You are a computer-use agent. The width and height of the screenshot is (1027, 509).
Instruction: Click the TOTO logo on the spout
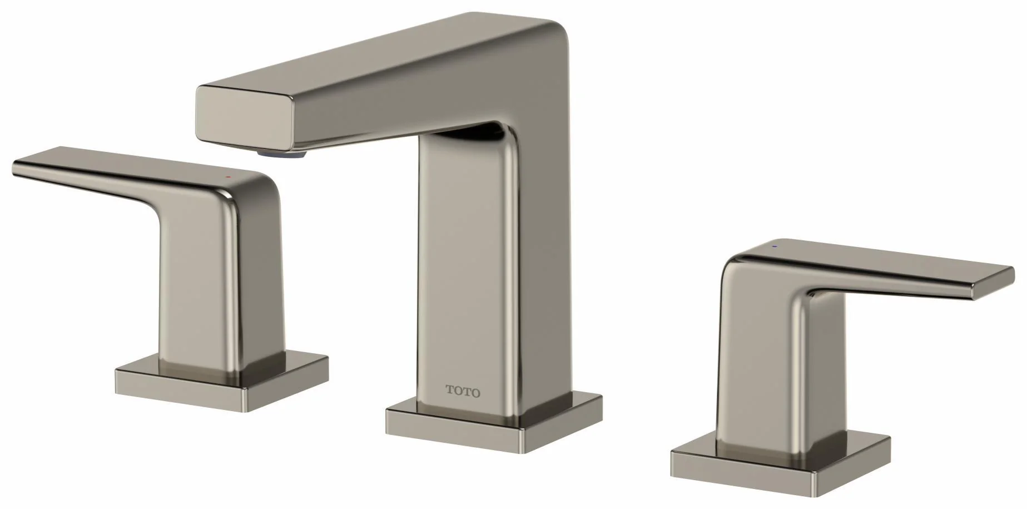click(463, 391)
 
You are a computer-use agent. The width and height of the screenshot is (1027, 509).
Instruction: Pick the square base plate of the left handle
click(221, 373)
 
